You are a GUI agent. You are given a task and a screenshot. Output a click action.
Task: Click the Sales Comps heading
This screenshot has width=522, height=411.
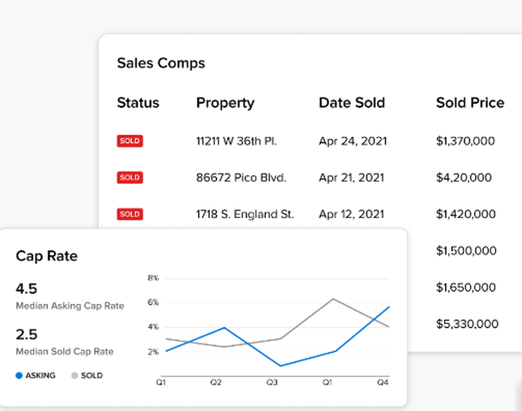[161, 63]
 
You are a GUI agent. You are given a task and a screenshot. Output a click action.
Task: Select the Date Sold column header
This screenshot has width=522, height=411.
[351, 103]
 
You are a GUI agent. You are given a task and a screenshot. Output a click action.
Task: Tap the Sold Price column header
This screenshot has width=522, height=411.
[470, 103]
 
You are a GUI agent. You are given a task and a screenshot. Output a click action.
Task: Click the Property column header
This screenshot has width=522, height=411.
[225, 103]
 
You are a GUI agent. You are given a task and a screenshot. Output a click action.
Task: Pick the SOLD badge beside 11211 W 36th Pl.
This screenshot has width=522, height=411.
[129, 141]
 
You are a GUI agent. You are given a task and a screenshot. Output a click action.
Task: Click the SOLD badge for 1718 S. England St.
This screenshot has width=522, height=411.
[129, 214]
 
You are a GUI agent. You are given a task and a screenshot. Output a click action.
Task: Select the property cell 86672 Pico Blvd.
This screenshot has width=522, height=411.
[241, 178]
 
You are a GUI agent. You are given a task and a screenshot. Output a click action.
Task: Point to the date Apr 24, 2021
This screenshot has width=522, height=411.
[353, 141]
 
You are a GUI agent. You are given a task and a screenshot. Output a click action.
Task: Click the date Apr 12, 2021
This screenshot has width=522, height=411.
[351, 214]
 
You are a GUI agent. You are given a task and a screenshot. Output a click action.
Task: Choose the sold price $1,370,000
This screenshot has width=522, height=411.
[465, 141]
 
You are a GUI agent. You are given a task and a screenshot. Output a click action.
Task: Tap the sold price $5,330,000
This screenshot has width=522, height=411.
[467, 324]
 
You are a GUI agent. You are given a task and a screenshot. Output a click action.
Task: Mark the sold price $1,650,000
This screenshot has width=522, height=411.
[466, 287]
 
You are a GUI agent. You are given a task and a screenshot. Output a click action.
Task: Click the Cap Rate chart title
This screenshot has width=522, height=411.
[46, 256]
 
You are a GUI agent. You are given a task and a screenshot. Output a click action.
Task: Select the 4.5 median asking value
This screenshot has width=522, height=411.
[27, 289]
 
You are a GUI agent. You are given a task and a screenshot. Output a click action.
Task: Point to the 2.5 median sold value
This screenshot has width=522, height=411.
[27, 334]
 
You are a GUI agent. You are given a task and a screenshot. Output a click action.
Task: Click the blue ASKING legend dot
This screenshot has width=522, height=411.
[19, 375]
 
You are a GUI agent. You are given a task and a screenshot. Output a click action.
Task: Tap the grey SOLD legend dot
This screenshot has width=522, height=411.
[74, 375]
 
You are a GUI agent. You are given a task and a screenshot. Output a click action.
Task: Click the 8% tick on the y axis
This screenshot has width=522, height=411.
[152, 278]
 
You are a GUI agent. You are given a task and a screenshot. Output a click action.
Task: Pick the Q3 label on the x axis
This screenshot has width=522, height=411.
[271, 383]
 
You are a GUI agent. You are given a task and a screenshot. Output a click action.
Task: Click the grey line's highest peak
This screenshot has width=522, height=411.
[333, 299]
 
